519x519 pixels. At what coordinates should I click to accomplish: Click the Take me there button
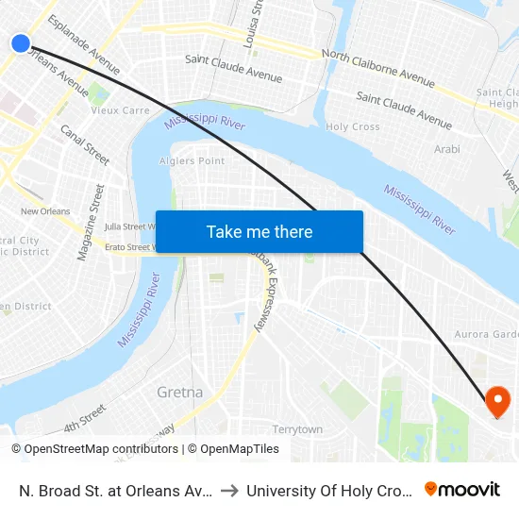(259, 231)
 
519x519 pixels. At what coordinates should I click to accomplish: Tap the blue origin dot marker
(21, 42)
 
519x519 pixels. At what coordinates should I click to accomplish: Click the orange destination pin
(496, 403)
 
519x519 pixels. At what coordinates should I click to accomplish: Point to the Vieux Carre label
(120, 110)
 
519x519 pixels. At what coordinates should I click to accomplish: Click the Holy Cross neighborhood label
(352, 126)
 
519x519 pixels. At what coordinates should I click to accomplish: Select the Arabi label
(446, 149)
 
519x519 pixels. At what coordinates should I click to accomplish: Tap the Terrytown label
(297, 429)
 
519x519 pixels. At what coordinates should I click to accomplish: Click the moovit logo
(462, 489)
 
